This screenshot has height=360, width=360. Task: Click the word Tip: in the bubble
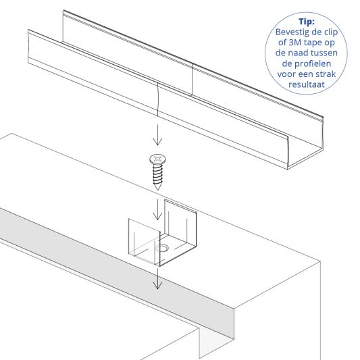tap(307, 22)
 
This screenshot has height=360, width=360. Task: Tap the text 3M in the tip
tap(294, 43)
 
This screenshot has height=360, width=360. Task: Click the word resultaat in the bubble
tap(307, 84)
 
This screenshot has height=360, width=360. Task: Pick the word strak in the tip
tap(326, 74)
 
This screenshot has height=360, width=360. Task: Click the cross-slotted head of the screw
tap(157, 159)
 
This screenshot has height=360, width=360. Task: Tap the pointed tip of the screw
tap(157, 189)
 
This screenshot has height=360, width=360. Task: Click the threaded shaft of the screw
tap(158, 174)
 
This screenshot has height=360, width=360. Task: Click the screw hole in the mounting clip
tap(162, 248)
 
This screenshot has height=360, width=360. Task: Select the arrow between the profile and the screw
tap(157, 135)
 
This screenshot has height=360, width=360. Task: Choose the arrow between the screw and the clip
tap(157, 209)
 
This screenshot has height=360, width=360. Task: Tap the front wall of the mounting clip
tap(144, 241)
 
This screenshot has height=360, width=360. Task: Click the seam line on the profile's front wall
tap(158, 100)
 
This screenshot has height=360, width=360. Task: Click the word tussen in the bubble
tap(325, 53)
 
